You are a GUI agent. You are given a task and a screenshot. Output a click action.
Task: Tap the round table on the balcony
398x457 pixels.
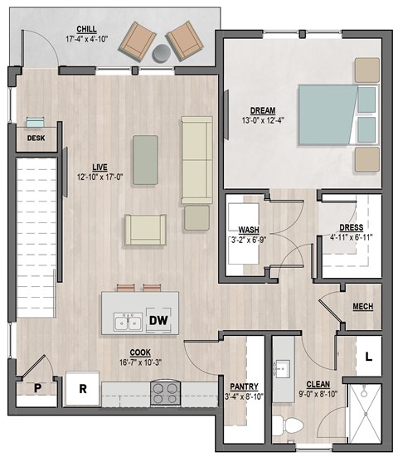tap(160, 54)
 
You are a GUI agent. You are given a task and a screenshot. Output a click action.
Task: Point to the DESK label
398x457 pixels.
tap(36, 139)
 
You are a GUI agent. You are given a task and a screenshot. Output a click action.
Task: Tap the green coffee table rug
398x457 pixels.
tap(145, 160)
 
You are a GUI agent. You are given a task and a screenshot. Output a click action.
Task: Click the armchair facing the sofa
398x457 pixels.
tap(145, 230)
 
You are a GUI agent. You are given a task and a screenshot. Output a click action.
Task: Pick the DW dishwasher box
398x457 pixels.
tap(159, 320)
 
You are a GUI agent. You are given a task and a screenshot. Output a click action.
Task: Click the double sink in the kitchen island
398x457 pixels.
tap(127, 318)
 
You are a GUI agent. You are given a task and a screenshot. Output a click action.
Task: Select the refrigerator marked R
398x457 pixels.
tap(83, 387)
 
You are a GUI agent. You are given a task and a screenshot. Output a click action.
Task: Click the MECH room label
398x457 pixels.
tap(362, 306)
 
